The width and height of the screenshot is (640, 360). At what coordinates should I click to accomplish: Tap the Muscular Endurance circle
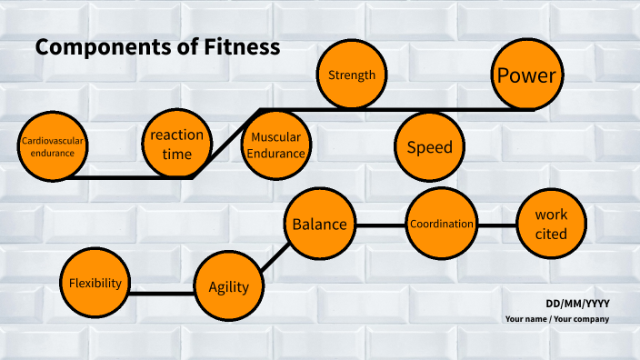276,146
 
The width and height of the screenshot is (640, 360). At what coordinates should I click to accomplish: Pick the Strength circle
351,75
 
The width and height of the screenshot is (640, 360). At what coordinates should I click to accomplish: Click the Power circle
525,75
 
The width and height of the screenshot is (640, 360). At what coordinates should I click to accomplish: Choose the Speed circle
429,147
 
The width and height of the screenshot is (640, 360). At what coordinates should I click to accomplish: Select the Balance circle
319,224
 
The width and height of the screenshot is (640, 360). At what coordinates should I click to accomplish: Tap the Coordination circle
442,224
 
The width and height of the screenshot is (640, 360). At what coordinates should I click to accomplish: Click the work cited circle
551,225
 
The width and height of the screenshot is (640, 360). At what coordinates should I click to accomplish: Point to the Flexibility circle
95,283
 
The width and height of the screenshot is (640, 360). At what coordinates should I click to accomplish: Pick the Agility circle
228,286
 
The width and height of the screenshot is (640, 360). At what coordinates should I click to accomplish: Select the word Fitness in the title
245,47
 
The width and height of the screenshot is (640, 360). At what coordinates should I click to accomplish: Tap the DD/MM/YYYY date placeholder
577,304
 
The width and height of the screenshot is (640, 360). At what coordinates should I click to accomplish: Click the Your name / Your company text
557,319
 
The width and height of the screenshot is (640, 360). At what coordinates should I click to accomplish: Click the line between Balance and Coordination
380,225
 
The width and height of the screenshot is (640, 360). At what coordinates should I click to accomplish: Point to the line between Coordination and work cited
496,225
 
